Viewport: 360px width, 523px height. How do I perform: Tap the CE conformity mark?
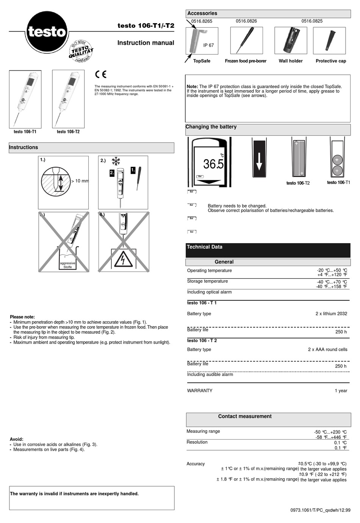pos(101,74)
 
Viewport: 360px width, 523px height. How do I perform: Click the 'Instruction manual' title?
pos(146,43)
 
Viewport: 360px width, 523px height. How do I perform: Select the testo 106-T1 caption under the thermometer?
pos(25,132)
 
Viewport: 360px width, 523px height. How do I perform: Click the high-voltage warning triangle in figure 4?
pos(123,260)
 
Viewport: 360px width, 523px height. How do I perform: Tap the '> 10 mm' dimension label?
pos(80,181)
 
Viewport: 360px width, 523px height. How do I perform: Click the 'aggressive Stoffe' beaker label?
pos(67,265)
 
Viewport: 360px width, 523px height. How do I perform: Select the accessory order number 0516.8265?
pos(202,21)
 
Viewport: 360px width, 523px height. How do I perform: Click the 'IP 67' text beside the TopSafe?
pos(208,45)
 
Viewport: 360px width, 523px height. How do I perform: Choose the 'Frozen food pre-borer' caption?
pos(246,61)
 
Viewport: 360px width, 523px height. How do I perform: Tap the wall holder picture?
pos(291,40)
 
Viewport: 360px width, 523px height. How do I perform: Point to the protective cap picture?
pos(329,40)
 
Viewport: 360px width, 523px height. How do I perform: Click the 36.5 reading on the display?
pos(213,164)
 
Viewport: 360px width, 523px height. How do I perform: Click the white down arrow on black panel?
pos(259,159)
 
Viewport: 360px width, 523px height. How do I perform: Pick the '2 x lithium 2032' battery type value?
pos(331,314)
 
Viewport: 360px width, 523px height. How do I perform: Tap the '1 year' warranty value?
pos(341,391)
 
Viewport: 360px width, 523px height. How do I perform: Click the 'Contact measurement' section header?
pos(245,416)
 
